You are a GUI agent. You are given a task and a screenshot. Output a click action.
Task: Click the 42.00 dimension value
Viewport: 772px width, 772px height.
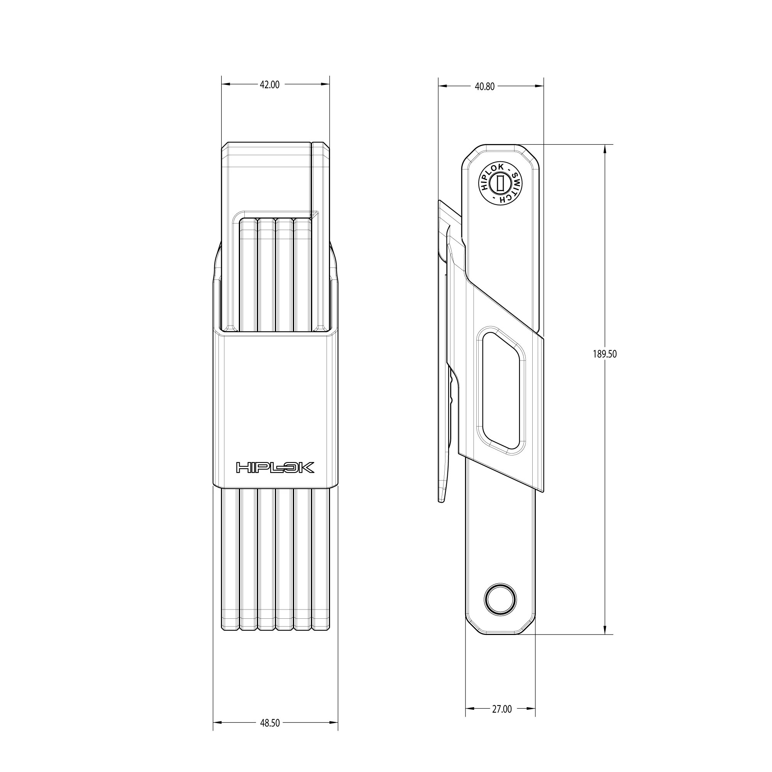pos(270,85)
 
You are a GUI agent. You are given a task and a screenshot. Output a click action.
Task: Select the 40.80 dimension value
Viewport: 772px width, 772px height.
pos(485,86)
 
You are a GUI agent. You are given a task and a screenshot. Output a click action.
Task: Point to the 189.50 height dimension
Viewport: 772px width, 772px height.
pos(604,354)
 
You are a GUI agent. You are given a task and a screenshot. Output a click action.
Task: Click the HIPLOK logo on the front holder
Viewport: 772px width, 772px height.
pos(275,467)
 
